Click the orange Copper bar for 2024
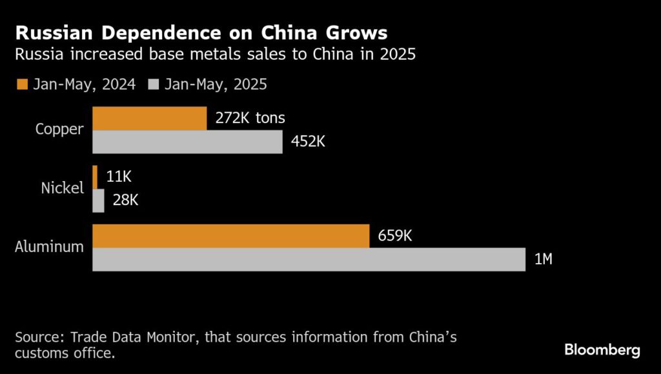click(x=150, y=119)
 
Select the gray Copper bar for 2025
click(x=187, y=142)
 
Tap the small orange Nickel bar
click(x=95, y=177)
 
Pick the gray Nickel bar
click(x=99, y=201)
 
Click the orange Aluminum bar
click(x=230, y=236)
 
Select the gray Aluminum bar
click(x=309, y=259)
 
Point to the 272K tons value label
click(x=249, y=118)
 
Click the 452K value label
click(x=307, y=141)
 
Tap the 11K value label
click(x=119, y=177)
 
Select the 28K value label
click(x=125, y=200)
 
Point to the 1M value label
click(x=543, y=259)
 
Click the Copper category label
click(x=59, y=129)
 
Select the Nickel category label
click(x=63, y=188)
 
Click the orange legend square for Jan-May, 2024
click(x=23, y=84)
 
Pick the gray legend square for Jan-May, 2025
click(x=154, y=84)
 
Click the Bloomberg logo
click(x=602, y=350)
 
